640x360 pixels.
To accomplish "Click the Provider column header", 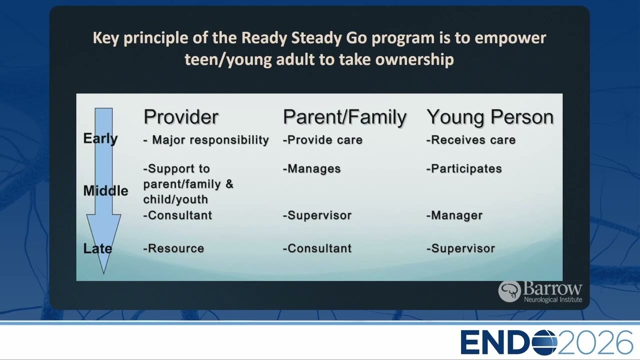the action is pos(181,117).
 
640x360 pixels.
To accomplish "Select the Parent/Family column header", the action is pos(344,117).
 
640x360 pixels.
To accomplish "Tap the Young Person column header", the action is pos(490,117).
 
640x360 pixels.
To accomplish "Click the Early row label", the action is pos(100,139).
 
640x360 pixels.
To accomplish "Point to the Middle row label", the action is pos(105,190).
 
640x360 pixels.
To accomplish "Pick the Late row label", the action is pos(97,248).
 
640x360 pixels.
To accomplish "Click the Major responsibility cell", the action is pos(206,140).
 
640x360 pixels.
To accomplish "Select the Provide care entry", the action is pos(322,140).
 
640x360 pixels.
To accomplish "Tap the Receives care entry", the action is pos(471,140).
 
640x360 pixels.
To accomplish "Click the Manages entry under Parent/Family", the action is pos(311,169).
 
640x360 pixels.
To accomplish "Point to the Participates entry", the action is pos(464,169).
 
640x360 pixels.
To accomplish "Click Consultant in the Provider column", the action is pos(177,215).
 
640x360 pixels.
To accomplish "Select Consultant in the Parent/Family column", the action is pos(317,248).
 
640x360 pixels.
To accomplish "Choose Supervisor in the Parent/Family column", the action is pos(317,215).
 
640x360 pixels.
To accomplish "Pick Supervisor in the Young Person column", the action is pos(460,248).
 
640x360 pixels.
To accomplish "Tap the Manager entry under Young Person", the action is pos(454,215).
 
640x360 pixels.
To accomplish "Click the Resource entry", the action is pos(173,248).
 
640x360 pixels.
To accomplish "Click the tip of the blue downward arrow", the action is pos(103,273).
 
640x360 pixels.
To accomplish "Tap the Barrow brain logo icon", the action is pos(509,291).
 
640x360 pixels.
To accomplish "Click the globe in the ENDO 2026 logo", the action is pos(544,342).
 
